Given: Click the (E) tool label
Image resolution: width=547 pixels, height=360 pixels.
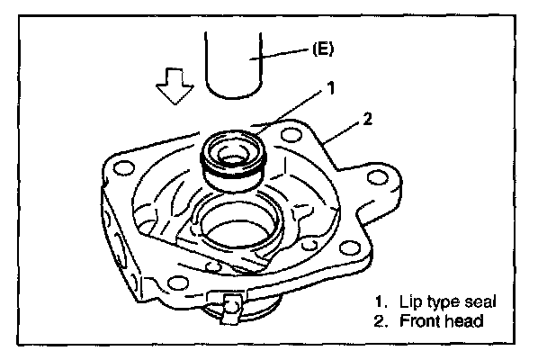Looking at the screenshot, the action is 324,50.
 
